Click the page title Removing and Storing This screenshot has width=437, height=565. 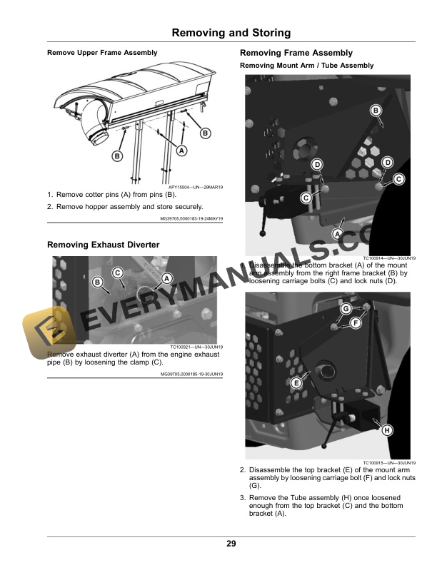pyautogui.click(x=231, y=33)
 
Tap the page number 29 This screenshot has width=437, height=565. pyautogui.click(x=231, y=544)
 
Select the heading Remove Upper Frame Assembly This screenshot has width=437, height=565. pyautogui.click(x=102, y=53)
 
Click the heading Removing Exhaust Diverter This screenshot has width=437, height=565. pyautogui.click(x=103, y=245)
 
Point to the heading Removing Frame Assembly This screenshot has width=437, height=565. pyautogui.click(x=296, y=53)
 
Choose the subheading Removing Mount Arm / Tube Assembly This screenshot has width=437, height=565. pyautogui.click(x=306, y=66)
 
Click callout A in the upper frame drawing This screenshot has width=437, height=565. pyautogui.click(x=181, y=151)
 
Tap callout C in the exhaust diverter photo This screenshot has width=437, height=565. pyautogui.click(x=117, y=273)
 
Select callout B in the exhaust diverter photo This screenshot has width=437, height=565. pyautogui.click(x=97, y=283)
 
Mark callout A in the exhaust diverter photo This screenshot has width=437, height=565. pyautogui.click(x=167, y=278)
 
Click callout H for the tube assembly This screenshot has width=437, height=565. pyautogui.click(x=386, y=430)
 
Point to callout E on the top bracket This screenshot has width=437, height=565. pyautogui.click(x=296, y=383)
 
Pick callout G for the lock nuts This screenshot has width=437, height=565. pyautogui.click(x=345, y=309)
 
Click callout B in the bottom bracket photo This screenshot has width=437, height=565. pyautogui.click(x=375, y=110)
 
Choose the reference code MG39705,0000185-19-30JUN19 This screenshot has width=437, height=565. pyautogui.click(x=191, y=374)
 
